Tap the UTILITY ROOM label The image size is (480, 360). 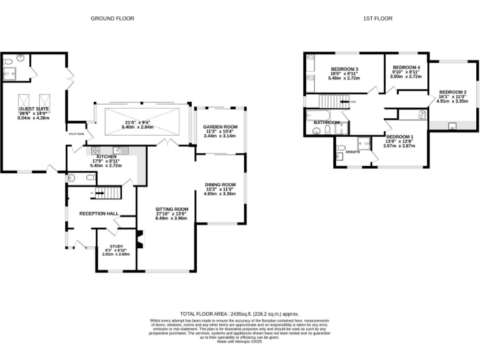coord(76,134)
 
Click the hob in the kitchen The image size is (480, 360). coord(96,150)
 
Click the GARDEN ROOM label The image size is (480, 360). coord(221,127)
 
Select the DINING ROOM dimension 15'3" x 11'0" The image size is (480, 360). coord(221,189)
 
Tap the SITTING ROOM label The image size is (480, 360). coord(172,209)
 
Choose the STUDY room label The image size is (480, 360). coord(116,246)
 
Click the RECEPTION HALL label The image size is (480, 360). coord(99,214)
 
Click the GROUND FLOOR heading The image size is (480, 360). coord(113,19)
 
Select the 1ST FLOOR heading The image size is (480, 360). coord(378,19)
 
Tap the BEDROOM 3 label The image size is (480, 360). coord(344,69)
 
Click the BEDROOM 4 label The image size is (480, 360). coord(406,67)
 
